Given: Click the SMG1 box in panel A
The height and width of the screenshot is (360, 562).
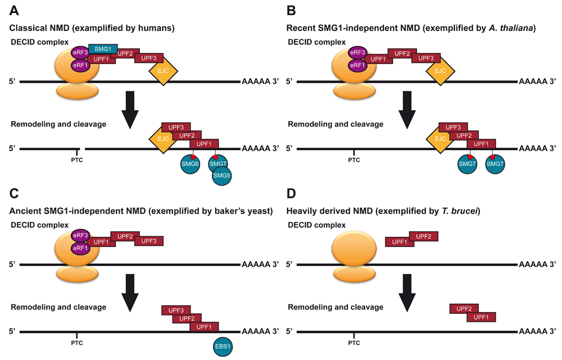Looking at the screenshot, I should (102, 49).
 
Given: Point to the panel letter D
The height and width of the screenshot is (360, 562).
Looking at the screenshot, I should (291, 194).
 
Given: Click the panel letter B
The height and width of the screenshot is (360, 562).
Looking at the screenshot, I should (291, 10).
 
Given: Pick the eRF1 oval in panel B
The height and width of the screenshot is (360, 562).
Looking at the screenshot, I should (356, 65).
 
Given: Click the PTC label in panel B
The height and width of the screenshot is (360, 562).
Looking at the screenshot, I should (353, 160).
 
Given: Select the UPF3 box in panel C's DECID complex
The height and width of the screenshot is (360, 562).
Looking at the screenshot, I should (149, 241).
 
